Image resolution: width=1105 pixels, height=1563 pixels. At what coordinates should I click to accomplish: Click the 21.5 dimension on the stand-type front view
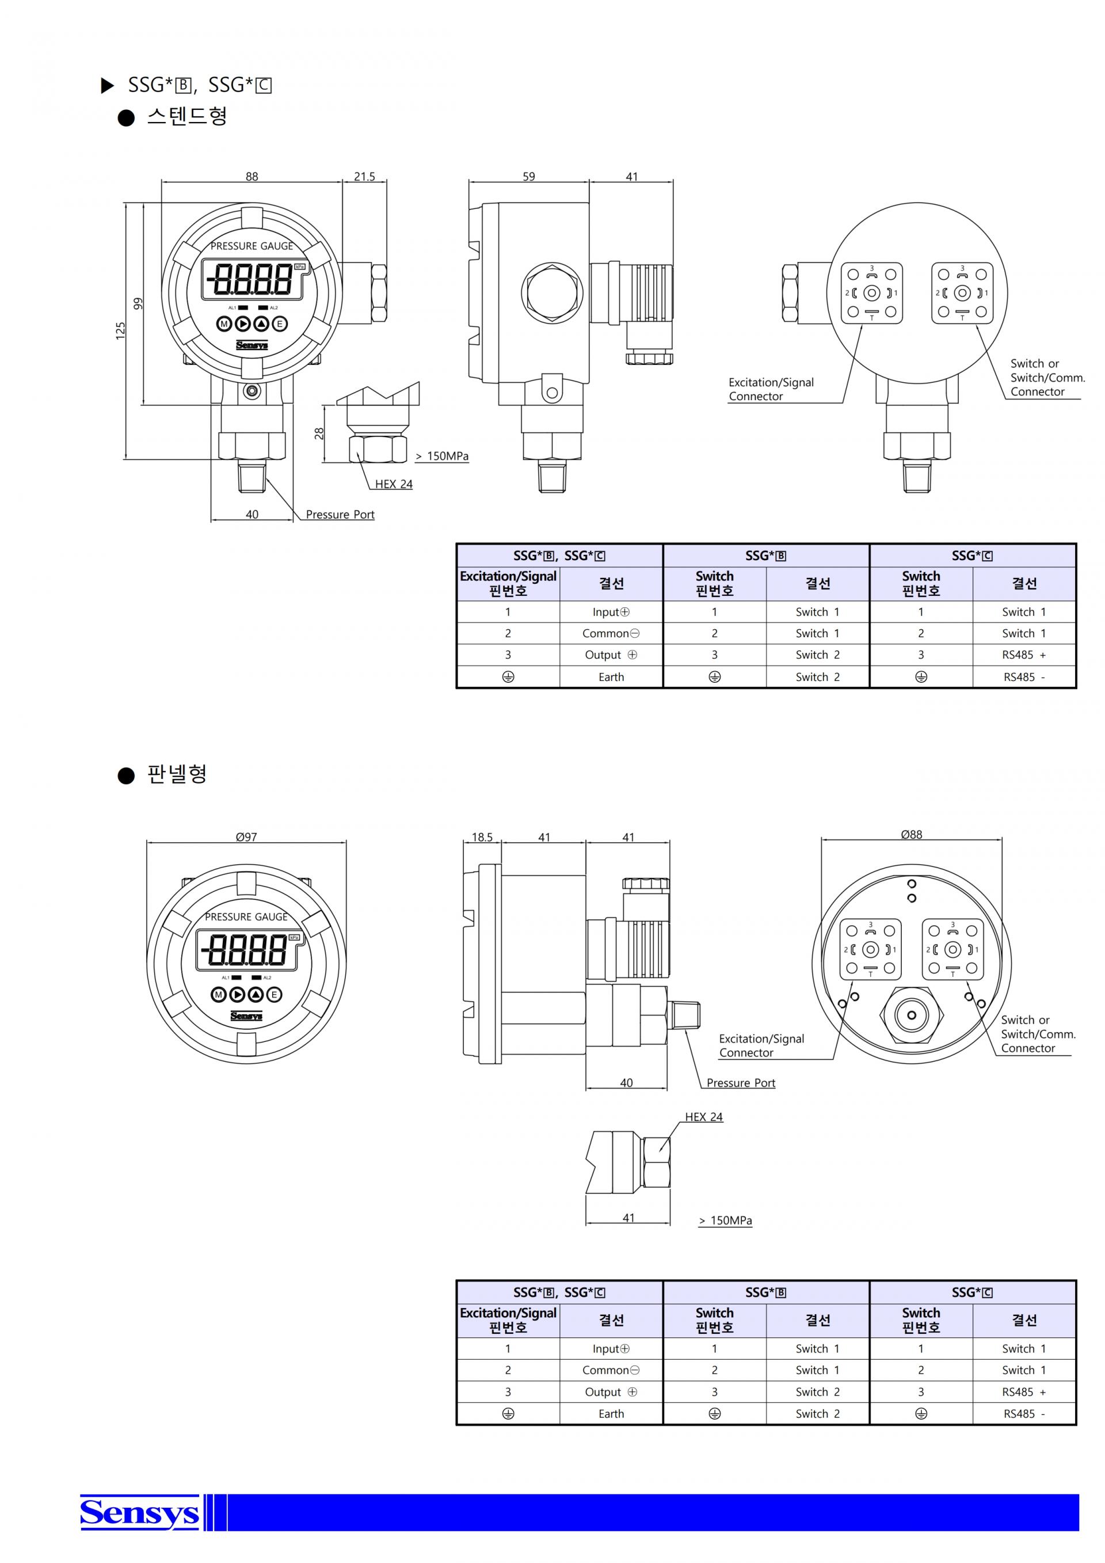pos(364,176)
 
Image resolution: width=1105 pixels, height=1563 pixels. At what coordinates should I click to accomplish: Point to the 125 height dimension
pos(120,331)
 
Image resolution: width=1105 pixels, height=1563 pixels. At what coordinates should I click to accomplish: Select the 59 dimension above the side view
pos(529,176)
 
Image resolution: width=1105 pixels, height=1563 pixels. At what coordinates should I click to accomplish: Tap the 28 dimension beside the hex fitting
pos(319,433)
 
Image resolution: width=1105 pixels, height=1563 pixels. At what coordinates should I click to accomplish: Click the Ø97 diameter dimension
pos(246,836)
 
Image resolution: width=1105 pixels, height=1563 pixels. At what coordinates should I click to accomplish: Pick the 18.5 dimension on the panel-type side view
pos(482,836)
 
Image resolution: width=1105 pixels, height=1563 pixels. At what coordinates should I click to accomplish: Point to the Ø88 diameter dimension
pos(911,834)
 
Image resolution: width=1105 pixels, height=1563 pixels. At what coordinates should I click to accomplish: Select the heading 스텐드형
pos(187,116)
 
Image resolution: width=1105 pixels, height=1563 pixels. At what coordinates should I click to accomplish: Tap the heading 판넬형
pos(177,774)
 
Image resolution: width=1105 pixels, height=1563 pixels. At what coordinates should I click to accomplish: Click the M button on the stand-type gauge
pos(224,324)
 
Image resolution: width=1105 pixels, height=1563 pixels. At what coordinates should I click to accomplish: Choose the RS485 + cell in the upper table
pos(1023,655)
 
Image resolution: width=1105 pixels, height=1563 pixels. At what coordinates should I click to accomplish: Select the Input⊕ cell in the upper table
pos(611,612)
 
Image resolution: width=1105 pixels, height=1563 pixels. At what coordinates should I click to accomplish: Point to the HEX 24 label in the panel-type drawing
pos(703,1116)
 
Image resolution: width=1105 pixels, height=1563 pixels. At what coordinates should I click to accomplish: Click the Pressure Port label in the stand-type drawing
pos(340,515)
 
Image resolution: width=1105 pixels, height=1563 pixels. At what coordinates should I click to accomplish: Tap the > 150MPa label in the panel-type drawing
pos(725,1220)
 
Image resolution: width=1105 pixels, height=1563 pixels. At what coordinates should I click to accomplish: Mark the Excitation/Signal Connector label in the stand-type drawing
pos(771,389)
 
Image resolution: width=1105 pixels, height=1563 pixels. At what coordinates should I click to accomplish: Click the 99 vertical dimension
pos(138,303)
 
